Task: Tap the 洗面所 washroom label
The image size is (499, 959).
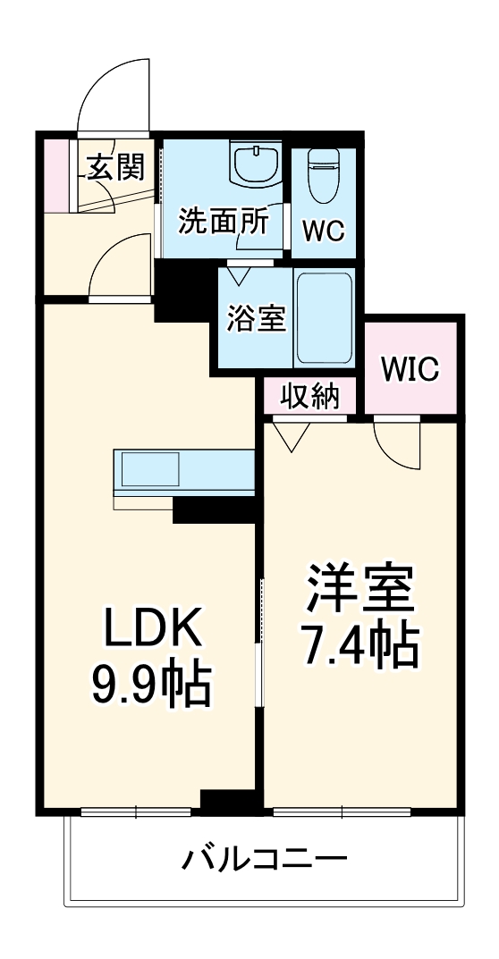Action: coord(223,221)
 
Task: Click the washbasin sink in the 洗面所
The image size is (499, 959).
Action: coord(256,164)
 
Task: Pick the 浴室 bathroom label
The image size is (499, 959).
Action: coord(256,318)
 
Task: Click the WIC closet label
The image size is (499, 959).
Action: coord(411,368)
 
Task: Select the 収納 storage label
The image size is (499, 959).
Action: coord(309,396)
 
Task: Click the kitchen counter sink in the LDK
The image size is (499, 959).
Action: coord(148,469)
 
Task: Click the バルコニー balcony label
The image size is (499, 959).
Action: coord(265,860)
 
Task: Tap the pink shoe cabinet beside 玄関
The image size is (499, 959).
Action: coord(55,175)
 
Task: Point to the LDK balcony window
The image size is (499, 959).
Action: coord(136,812)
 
